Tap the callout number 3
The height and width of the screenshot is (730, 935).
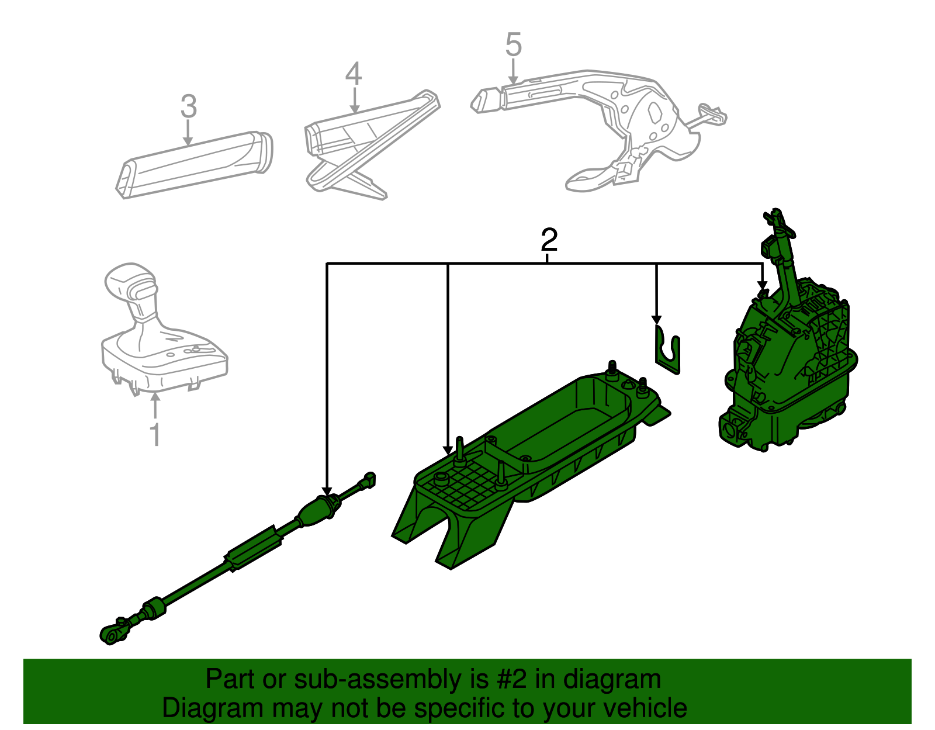point(189,106)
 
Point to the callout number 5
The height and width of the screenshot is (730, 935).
point(513,44)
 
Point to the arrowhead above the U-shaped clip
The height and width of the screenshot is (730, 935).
point(656,320)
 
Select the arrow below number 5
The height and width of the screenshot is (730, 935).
point(512,71)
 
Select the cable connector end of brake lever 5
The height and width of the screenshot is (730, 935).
point(712,114)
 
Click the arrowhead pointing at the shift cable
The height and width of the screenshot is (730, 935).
point(327,492)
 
